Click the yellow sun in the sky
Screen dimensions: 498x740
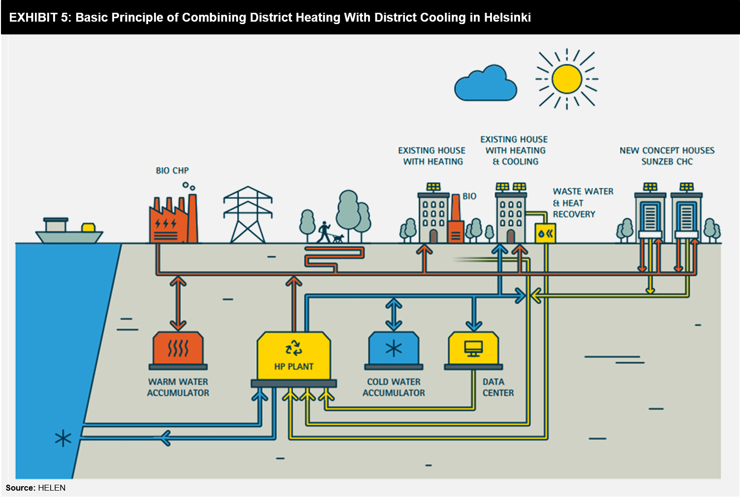pyautogui.click(x=567, y=79)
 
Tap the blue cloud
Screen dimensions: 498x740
pyautogui.click(x=486, y=85)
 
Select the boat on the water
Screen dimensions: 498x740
pyautogui.click(x=68, y=233)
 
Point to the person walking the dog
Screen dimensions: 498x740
pyautogui.click(x=324, y=232)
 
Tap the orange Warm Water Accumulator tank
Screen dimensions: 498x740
pyautogui.click(x=178, y=350)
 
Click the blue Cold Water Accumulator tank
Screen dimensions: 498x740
pyautogui.click(x=394, y=350)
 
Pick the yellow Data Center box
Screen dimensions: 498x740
pyautogui.click(x=473, y=350)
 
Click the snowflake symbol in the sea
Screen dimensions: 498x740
pyautogui.click(x=63, y=438)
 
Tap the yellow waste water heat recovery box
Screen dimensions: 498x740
pyautogui.click(x=545, y=234)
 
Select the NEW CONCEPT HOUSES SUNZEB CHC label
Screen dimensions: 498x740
pyautogui.click(x=667, y=156)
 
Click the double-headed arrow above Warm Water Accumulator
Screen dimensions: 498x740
pyautogui.click(x=178, y=303)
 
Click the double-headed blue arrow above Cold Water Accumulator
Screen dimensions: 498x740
pyautogui.click(x=394, y=314)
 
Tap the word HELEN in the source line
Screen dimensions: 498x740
pyautogui.click(x=52, y=488)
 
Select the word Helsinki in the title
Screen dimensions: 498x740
pyautogui.click(x=507, y=18)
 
